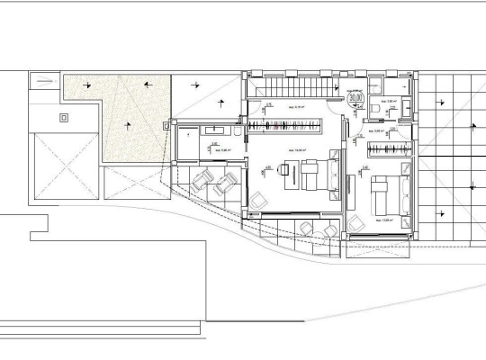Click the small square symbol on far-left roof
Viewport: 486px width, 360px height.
pos(63,116)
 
